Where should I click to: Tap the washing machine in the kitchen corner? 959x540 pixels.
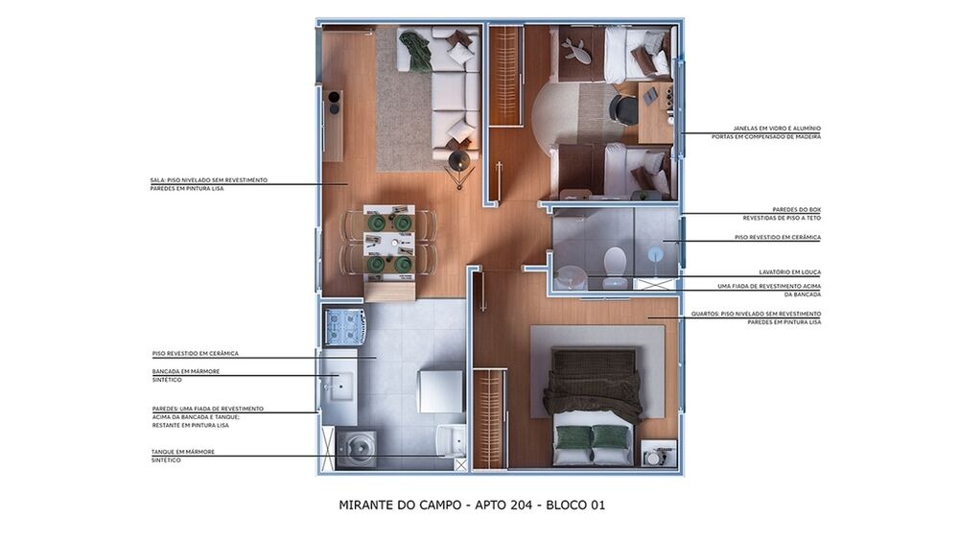click(356, 448)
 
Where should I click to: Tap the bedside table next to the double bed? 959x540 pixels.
click(659, 452)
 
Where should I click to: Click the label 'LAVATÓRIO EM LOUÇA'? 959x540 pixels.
click(784, 272)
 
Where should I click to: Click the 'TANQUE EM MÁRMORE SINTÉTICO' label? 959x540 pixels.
click(183, 456)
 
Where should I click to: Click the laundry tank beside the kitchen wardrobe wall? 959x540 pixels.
click(450, 440)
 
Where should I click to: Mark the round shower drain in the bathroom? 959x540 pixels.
click(655, 255)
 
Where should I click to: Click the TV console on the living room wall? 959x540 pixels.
click(333, 125)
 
